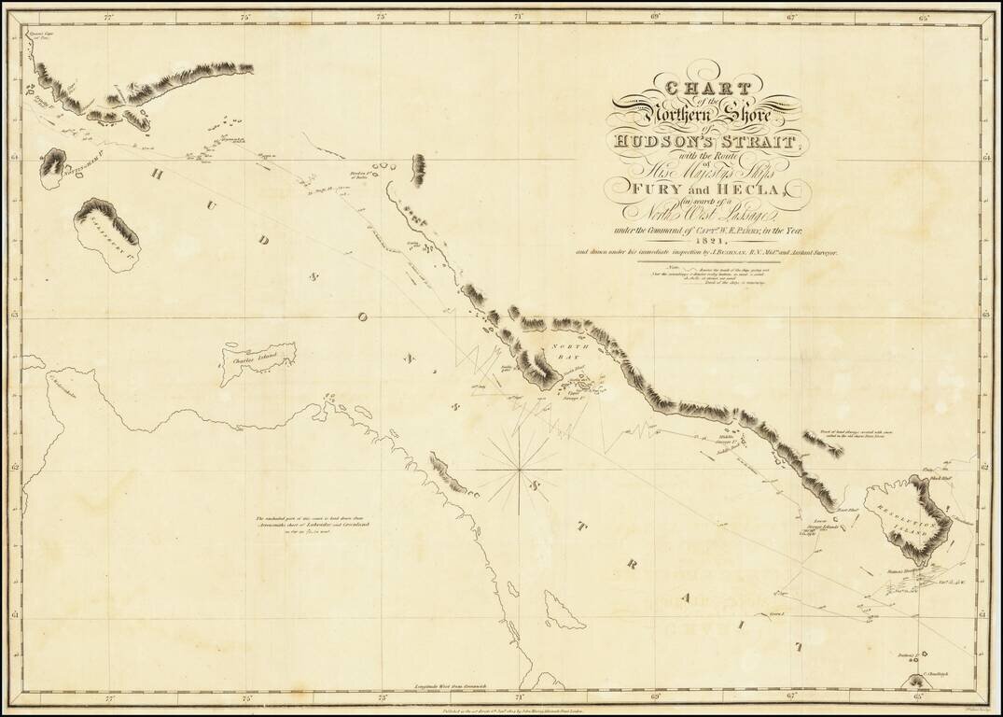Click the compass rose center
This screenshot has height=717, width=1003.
point(519,470)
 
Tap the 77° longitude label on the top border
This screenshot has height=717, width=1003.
point(109,17)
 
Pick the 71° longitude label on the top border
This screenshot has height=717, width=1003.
point(519,17)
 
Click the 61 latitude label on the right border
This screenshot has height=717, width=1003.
point(985,615)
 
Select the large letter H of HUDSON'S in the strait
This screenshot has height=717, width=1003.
point(156,174)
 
